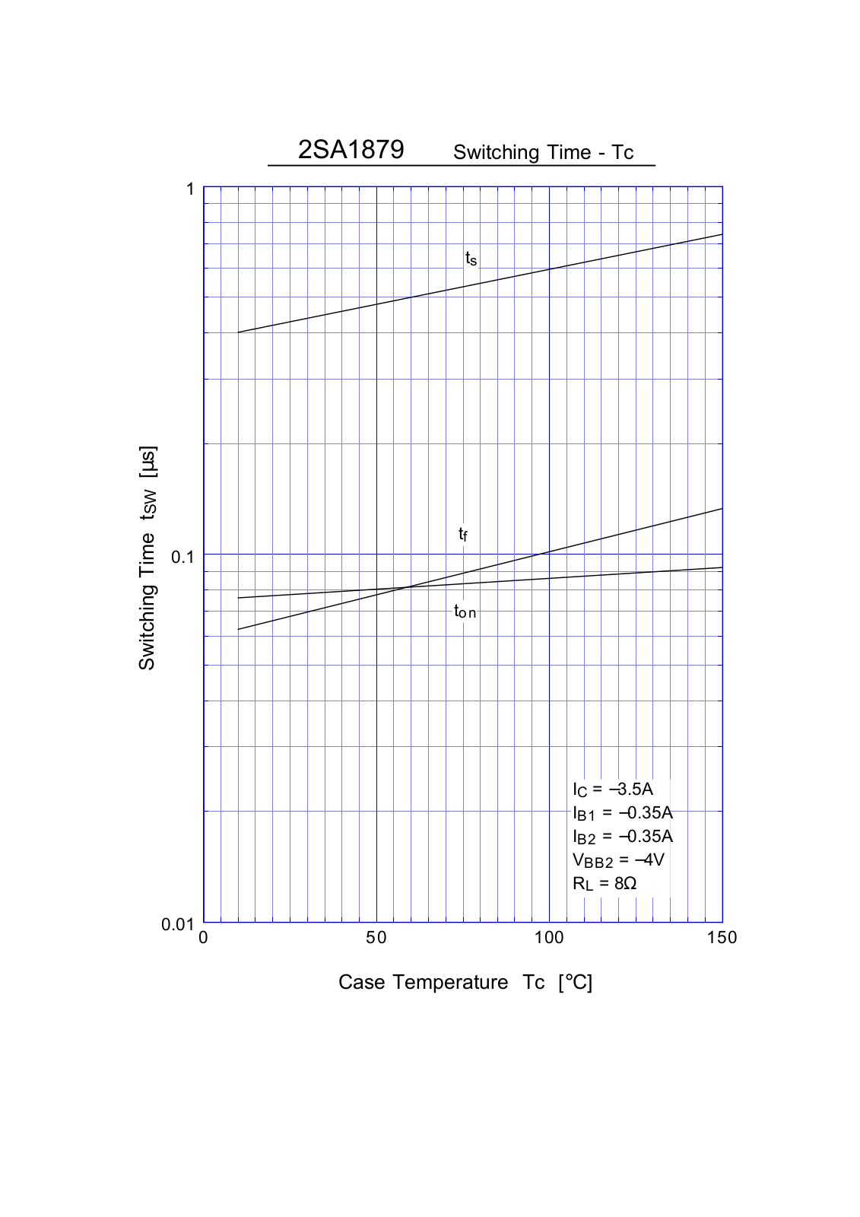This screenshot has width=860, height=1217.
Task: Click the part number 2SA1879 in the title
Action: pos(351,149)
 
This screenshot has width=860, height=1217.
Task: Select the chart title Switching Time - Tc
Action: pos(543,152)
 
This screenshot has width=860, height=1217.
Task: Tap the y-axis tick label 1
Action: pos(190,189)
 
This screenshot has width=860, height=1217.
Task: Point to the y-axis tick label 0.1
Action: pos(182,557)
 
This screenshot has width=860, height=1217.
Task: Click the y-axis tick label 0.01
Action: pos(178,924)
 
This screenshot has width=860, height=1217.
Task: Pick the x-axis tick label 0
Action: pos(203,938)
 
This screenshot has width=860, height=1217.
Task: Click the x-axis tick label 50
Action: pos(376,938)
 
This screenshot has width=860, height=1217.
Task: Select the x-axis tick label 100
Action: pos(549,938)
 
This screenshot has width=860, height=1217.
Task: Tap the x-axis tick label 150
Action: pos(722,938)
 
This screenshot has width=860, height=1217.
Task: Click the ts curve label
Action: pos(471,259)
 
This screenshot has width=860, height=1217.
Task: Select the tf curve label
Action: pos(462,534)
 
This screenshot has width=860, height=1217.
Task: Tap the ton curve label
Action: pos(465,611)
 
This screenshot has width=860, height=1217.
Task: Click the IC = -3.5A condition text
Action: pos(612,789)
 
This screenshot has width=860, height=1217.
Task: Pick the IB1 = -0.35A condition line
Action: pos(622,812)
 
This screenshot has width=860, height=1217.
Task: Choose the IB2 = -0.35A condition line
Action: pos(622,836)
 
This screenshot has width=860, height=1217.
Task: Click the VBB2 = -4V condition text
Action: pos(617,860)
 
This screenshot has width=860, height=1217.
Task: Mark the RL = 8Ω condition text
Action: pos(605,883)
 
